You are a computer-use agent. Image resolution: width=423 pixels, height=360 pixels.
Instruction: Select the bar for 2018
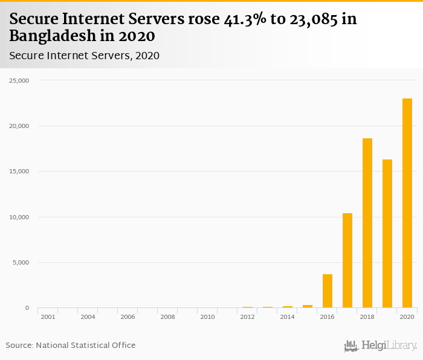point(367,223)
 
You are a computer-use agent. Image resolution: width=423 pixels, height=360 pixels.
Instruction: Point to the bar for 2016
point(328,291)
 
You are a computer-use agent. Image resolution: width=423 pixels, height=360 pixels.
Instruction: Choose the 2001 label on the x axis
point(48,317)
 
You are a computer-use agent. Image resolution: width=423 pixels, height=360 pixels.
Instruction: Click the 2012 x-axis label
point(247,317)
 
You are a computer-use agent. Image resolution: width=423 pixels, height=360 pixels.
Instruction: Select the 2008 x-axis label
point(167,317)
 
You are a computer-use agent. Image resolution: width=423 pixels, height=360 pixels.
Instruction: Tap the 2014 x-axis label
point(287,317)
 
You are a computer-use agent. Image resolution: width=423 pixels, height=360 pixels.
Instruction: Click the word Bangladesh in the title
point(51,36)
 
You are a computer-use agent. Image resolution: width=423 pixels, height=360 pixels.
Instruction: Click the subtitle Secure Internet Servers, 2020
point(84,56)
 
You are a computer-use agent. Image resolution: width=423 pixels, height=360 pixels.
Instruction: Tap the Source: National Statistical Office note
point(71,346)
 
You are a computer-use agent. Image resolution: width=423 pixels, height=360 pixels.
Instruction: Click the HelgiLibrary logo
point(381,346)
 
